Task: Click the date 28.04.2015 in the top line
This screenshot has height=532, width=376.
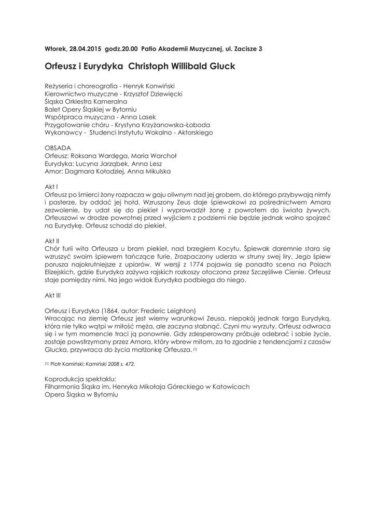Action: pos(85,49)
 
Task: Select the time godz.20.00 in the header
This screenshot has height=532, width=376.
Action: pos(121,49)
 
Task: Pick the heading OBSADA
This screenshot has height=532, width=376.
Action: pos(57,148)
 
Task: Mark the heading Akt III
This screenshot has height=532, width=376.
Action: pos(53,295)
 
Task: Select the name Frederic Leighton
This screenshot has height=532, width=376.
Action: pos(171,310)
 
